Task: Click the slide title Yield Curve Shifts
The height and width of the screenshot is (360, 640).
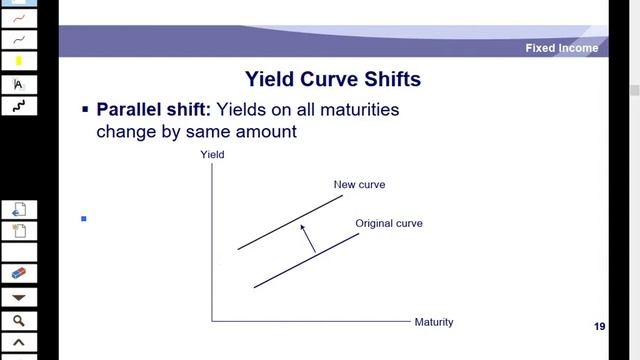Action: (x=333, y=78)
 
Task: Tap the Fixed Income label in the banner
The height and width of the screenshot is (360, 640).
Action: (x=562, y=48)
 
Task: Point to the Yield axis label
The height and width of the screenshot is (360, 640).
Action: (x=213, y=155)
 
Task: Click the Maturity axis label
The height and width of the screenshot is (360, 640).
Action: (x=434, y=322)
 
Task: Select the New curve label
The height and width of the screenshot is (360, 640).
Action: (x=359, y=185)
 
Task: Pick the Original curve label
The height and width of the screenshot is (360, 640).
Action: (x=389, y=223)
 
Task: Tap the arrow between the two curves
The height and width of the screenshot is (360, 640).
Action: (x=308, y=238)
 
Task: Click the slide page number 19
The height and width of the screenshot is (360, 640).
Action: (x=599, y=327)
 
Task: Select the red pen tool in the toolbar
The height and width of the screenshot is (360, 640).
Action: (x=19, y=18)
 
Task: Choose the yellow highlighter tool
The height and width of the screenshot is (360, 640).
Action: (x=19, y=61)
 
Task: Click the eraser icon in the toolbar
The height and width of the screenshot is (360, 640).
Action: (x=19, y=273)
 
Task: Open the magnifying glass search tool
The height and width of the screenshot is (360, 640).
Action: (x=19, y=321)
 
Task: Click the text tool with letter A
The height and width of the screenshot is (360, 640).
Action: (x=19, y=84)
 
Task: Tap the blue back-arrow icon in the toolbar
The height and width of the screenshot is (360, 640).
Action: (x=19, y=209)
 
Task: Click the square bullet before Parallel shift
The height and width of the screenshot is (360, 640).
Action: (x=85, y=109)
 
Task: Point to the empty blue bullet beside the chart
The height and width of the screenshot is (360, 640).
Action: (x=84, y=218)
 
